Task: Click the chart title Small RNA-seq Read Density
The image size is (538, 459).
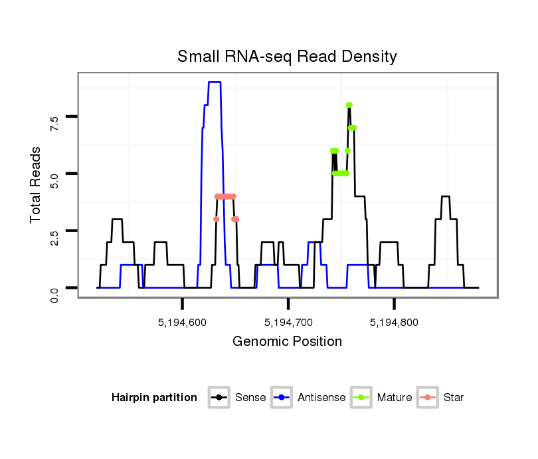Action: (x=287, y=57)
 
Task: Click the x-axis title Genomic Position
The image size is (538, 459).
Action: (x=288, y=342)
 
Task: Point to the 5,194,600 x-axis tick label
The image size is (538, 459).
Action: (x=183, y=323)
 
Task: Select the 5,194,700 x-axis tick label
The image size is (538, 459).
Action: (x=288, y=323)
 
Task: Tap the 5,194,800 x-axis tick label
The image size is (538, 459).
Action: (x=395, y=323)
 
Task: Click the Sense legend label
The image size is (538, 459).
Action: (x=250, y=398)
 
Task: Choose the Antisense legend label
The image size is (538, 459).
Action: (x=321, y=398)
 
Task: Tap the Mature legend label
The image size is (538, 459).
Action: (x=395, y=398)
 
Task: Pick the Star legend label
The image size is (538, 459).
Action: (x=454, y=398)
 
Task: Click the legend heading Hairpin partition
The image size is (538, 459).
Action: (x=155, y=398)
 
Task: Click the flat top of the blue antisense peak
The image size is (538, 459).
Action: (x=214, y=82)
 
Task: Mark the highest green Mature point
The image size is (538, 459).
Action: (x=349, y=104)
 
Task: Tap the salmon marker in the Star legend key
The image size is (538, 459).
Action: (x=428, y=398)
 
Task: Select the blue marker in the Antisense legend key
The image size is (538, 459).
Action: (x=283, y=398)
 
